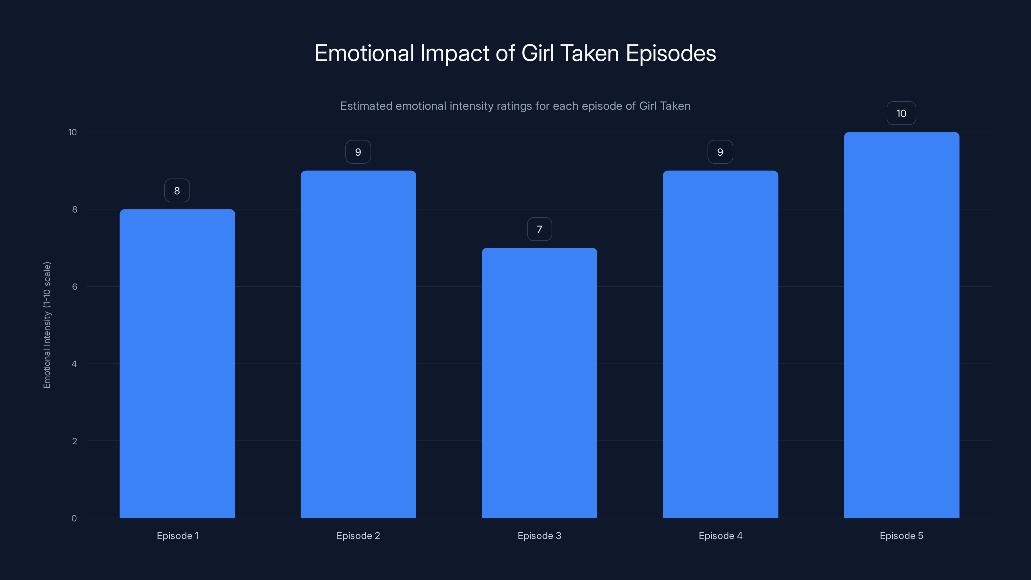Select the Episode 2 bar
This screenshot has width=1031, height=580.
point(358,344)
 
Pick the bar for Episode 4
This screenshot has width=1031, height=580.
point(720,344)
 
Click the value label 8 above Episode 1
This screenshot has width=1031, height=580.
point(177,190)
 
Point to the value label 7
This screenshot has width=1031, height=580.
point(539,229)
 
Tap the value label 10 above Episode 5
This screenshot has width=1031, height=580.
point(901,113)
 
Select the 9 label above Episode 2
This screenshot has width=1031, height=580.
point(358,152)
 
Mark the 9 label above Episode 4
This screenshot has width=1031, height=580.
point(720,152)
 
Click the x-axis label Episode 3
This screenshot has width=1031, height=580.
point(539,536)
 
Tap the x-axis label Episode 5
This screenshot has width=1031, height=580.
point(901,536)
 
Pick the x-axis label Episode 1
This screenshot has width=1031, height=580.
point(177,536)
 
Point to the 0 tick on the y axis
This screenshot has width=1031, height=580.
point(74,518)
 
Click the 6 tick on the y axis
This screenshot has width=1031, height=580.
point(74,286)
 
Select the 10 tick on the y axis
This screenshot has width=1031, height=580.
point(72,132)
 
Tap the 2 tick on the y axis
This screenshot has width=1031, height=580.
point(74,441)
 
